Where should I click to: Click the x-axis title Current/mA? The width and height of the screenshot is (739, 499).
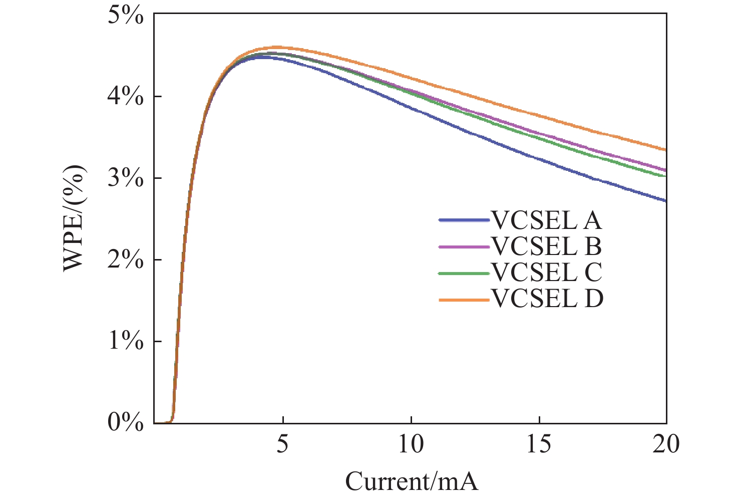coord(412,482)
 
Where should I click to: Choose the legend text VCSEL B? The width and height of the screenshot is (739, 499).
coord(546,246)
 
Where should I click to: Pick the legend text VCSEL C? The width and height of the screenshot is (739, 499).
coord(546,273)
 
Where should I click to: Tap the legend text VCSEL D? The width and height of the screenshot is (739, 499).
coord(547,300)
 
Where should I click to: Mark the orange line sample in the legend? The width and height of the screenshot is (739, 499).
coord(464,300)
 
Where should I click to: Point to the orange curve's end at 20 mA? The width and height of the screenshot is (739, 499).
coord(665,149)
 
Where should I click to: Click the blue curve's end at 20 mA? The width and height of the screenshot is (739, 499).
coord(665,200)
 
